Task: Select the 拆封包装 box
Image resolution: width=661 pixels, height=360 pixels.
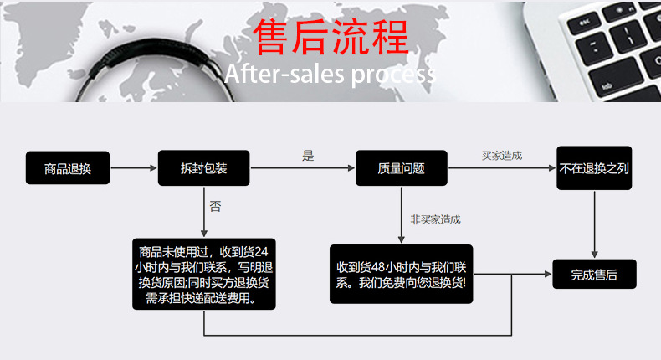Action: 203,168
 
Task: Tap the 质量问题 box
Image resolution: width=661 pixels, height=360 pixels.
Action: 401,168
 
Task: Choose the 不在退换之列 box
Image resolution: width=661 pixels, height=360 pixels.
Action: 594,167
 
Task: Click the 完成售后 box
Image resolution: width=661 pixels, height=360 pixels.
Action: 594,275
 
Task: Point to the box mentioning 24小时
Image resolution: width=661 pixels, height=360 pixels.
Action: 204,275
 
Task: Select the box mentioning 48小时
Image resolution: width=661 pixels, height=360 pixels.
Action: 401,275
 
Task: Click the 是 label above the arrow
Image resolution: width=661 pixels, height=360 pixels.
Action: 308,155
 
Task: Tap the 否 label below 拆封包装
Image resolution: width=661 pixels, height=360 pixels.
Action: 215,205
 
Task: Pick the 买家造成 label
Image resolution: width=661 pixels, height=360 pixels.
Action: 501,156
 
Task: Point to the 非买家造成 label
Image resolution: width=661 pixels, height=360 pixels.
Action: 435,219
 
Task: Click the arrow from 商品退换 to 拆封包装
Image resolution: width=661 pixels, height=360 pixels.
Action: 134,168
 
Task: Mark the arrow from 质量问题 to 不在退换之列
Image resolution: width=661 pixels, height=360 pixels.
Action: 502,168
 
